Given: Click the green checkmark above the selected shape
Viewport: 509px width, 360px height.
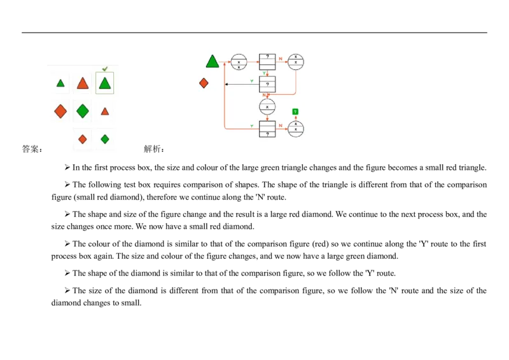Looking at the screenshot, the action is click(105, 69).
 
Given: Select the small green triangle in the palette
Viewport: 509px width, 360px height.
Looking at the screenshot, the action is click(60, 83).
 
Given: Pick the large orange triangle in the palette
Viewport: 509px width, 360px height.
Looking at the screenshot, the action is click(83, 83).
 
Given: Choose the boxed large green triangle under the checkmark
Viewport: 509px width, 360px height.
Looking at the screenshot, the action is click(105, 83).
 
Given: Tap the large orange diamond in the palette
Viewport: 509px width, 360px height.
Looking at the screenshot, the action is click(60, 111).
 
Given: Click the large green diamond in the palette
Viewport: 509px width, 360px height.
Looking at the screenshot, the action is click(83, 111).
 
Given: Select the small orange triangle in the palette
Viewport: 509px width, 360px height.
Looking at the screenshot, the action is click(105, 111).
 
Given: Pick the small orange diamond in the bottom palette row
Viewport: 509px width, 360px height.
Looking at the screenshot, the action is click(83, 139).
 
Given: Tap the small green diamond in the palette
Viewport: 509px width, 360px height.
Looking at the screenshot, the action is click(105, 139).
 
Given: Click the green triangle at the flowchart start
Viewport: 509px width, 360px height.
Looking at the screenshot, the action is click(213, 62).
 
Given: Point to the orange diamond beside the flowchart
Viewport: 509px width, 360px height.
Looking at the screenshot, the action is click(204, 83).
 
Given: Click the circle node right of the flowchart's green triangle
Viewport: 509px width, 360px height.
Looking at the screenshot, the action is click(239, 62).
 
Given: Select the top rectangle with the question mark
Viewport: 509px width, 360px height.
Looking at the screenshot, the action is click(267, 62).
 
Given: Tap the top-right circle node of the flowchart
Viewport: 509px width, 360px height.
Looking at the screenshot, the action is click(296, 62).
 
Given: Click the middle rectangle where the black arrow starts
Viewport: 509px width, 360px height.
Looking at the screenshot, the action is click(267, 84).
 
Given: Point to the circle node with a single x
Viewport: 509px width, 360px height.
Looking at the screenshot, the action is click(267, 107).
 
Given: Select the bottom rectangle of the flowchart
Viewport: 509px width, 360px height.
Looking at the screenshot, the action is click(267, 129).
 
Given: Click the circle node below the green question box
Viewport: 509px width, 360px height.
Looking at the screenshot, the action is click(296, 129).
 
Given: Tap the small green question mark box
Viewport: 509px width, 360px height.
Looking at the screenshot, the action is click(295, 112).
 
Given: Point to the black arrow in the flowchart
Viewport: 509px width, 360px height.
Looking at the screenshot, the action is click(242, 84).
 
